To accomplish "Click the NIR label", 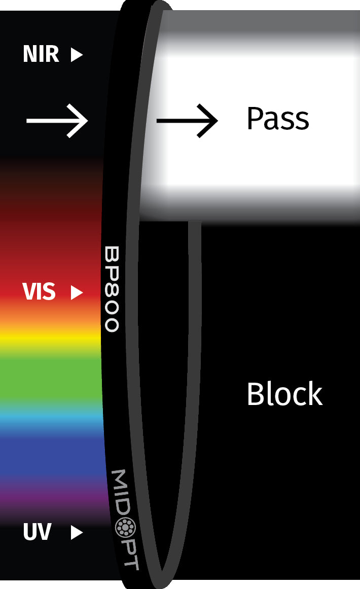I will pyautogui.click(x=41, y=54).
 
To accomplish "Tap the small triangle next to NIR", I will pyautogui.click(x=77, y=54).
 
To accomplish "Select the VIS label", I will pyautogui.click(x=39, y=292).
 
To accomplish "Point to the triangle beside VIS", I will pyautogui.click(x=77, y=292).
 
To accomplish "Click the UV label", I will pyautogui.click(x=37, y=532).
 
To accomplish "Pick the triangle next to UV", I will pyautogui.click(x=77, y=532).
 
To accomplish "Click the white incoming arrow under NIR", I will pyautogui.click(x=57, y=121).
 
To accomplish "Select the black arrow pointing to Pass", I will pyautogui.click(x=187, y=121).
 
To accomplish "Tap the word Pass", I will pyautogui.click(x=277, y=119).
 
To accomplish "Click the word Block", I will pyautogui.click(x=284, y=394).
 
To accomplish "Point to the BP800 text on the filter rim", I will pyautogui.click(x=112, y=289).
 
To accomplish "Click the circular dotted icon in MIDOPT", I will pyautogui.click(x=123, y=528).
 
